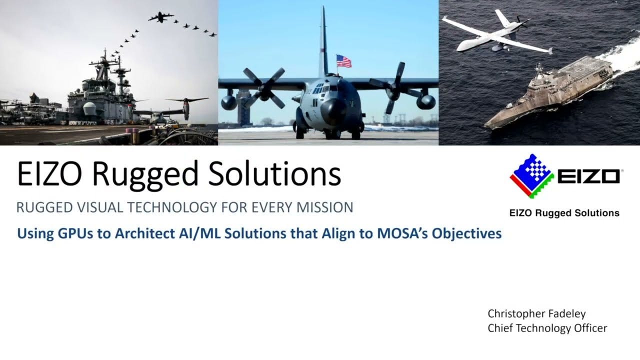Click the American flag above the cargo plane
343,61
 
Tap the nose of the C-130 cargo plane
332,111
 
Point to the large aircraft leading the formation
160,17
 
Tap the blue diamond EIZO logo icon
531,175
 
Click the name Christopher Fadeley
536,313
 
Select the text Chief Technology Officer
547,328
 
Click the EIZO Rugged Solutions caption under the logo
564,213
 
